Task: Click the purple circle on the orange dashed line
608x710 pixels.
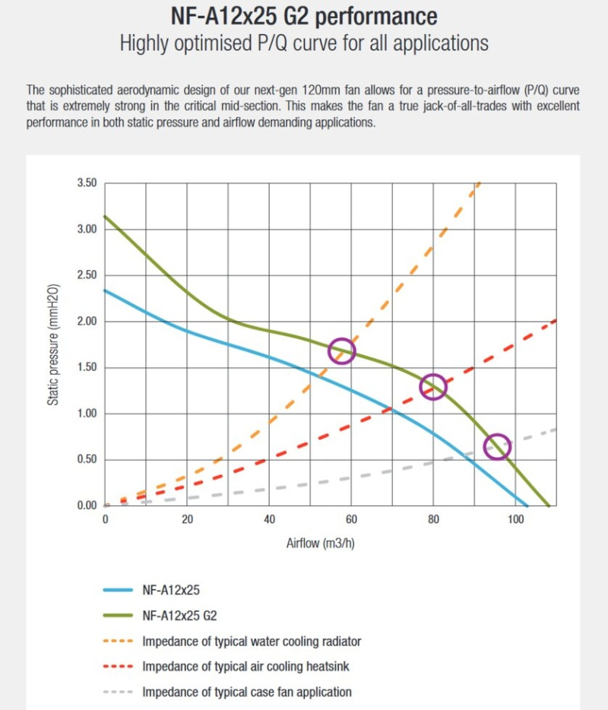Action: coord(342,350)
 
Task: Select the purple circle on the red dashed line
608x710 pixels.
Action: coord(433,386)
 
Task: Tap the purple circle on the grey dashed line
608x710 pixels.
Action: coord(497,447)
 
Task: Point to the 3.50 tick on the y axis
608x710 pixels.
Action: coord(86,183)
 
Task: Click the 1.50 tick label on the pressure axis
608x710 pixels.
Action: coord(86,368)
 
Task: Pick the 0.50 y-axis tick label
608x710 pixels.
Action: coord(86,460)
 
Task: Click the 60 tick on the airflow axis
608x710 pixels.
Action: coord(351,520)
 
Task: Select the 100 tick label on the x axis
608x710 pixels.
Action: coord(515,520)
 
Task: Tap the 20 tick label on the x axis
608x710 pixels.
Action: coord(187,520)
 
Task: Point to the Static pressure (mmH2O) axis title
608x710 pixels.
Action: coord(54,344)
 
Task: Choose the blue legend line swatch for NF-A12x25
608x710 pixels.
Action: coord(118,589)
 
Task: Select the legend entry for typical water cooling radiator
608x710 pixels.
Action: coord(252,641)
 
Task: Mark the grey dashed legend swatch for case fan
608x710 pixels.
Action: coord(118,693)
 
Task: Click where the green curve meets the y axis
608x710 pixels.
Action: coord(105,216)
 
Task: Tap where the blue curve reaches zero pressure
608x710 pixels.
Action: coord(527,506)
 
